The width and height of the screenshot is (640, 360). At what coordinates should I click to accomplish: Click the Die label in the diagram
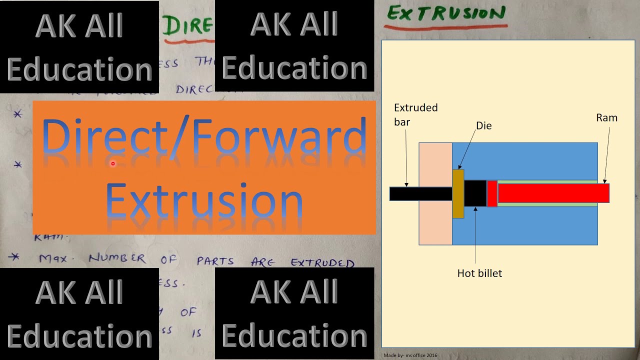(483, 126)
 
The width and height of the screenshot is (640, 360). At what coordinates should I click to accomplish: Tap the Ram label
(606, 118)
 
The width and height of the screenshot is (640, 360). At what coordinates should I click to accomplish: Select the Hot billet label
(479, 273)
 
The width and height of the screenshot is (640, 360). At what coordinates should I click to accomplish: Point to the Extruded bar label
(415, 114)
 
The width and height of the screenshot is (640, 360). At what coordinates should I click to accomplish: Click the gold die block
(458, 194)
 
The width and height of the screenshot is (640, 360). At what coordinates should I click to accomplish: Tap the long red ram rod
(553, 193)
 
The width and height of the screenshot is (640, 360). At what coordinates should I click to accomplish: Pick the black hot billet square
(475, 193)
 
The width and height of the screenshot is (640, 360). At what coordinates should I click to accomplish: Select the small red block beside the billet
(492, 193)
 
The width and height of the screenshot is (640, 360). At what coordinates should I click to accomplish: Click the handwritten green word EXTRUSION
(446, 13)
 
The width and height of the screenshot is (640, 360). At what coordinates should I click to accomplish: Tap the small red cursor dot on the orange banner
(113, 163)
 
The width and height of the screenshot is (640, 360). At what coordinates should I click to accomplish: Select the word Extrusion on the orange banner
(204, 200)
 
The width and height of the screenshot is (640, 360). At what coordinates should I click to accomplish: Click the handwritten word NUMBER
(117, 259)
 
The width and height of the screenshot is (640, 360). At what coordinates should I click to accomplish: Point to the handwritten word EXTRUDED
(322, 262)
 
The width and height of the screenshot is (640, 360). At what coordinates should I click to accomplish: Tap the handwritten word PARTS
(215, 261)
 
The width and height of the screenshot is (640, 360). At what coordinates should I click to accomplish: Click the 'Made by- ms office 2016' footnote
(410, 355)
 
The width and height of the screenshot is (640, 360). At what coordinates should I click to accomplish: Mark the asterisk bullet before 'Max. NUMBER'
(15, 257)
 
